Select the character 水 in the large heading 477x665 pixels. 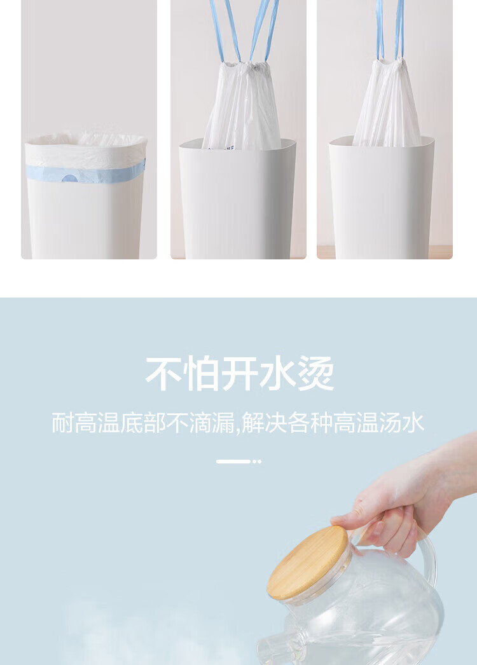click(x=277, y=374)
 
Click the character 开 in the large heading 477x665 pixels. click(x=240, y=374)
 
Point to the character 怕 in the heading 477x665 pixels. click(x=202, y=374)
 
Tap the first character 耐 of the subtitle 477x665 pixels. click(x=62, y=422)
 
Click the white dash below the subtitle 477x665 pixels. click(x=233, y=462)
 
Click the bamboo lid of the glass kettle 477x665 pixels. click(x=308, y=563)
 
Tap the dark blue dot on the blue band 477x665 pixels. click(x=69, y=178)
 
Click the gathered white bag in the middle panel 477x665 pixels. click(x=241, y=106)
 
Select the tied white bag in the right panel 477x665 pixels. click(x=387, y=104)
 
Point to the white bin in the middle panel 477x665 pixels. click(x=238, y=200)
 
